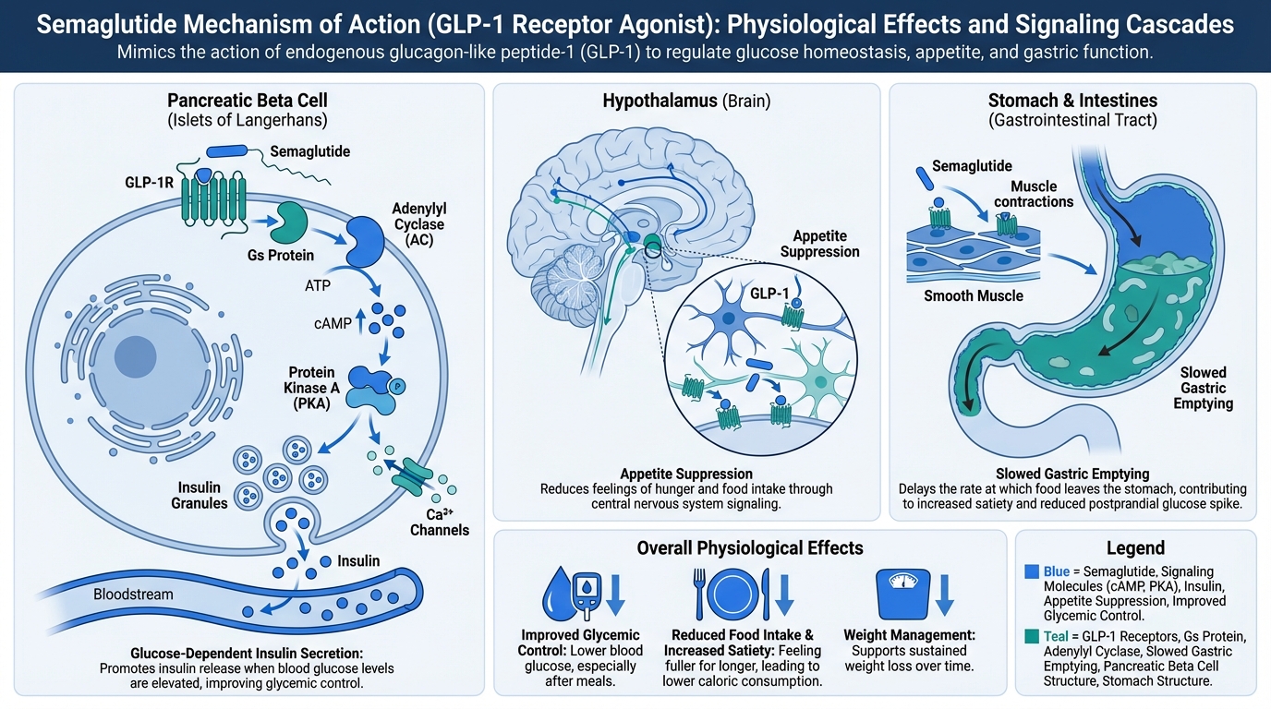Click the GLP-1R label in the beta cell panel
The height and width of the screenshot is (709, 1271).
(x=149, y=183)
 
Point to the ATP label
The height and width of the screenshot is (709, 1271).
(x=317, y=286)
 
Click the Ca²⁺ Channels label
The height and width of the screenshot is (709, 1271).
(x=439, y=521)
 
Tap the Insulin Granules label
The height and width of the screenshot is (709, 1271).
(x=199, y=495)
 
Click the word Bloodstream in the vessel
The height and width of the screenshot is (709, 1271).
(x=133, y=595)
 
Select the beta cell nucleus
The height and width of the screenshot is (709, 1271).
(x=135, y=356)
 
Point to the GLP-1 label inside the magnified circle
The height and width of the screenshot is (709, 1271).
(x=769, y=294)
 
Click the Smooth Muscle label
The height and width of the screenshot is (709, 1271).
(x=974, y=296)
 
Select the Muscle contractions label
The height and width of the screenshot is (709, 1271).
(x=1034, y=195)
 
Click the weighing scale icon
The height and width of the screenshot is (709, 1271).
(x=902, y=593)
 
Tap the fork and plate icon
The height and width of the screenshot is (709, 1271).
(x=729, y=593)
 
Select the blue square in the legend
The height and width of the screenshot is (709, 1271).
(x=1032, y=572)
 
